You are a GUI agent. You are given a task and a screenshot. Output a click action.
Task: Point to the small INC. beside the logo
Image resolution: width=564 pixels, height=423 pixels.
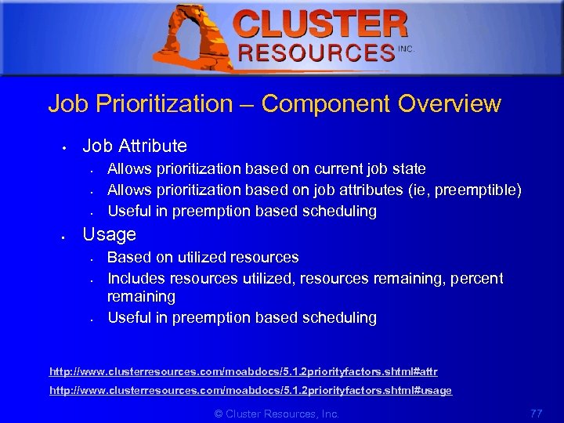point(406,49)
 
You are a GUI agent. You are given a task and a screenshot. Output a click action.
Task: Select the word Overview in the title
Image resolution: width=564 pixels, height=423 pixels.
point(449,103)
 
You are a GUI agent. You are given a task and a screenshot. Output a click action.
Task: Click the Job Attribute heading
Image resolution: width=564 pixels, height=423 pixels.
point(135,146)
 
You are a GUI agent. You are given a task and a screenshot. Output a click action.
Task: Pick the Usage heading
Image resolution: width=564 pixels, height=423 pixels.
point(109,234)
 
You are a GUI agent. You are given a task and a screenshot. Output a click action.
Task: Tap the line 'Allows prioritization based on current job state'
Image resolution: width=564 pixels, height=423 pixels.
point(266,168)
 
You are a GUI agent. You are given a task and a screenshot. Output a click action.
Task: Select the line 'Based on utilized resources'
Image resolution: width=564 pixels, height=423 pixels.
point(203,257)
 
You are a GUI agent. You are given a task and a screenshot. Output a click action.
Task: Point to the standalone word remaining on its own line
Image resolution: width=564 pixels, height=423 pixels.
point(141,297)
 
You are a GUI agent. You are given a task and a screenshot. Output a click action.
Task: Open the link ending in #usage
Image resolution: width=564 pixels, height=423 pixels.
point(251,390)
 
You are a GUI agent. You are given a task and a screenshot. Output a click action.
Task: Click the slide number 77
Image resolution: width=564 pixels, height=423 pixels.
point(536,413)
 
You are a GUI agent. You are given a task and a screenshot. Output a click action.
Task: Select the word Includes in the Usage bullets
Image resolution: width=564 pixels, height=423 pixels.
point(136,278)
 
